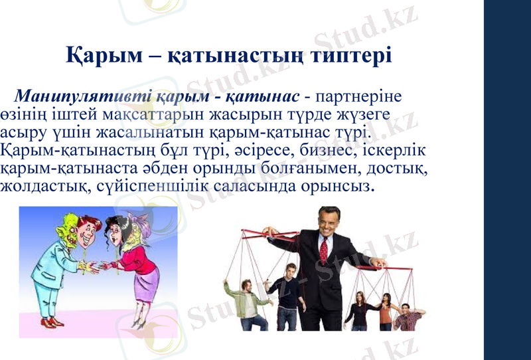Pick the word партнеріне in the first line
[362, 96]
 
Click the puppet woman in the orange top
[386, 312]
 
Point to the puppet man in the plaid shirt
[407, 317]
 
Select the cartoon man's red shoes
[50, 322]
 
